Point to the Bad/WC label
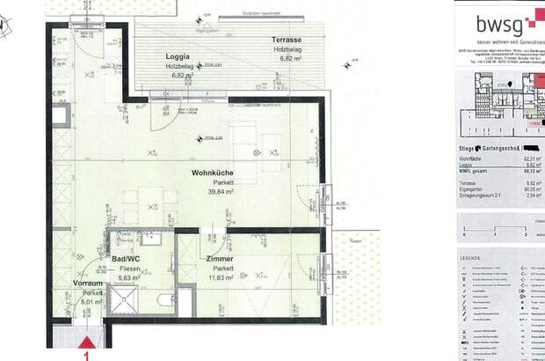tap(128, 258)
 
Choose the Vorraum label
tap(87, 284)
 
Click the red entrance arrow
tap(87, 343)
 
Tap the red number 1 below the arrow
tap(86, 357)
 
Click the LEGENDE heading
tap(469, 258)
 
